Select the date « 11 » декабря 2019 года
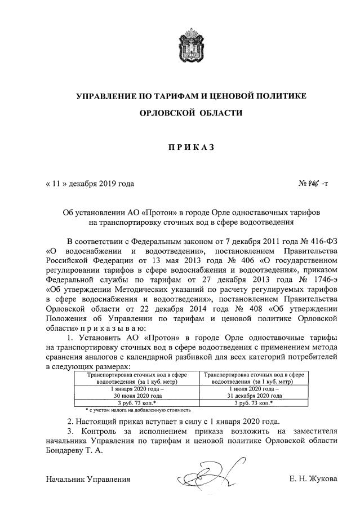tap(90, 184)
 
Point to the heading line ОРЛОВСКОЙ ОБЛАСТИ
tap(191, 113)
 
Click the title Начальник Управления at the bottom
tap(88, 480)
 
